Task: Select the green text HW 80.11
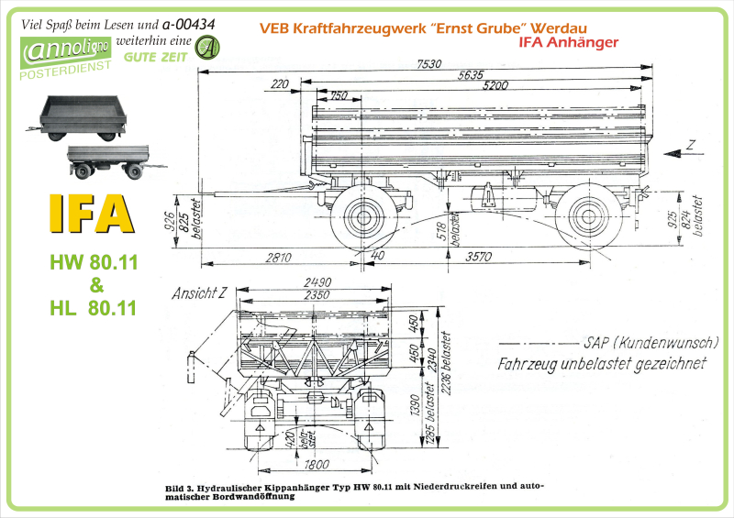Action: click(93, 263)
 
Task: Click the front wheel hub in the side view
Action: click(361, 218)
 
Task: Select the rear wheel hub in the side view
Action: click(588, 218)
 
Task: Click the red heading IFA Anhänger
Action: click(568, 42)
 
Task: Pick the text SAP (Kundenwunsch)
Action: click(650, 342)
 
